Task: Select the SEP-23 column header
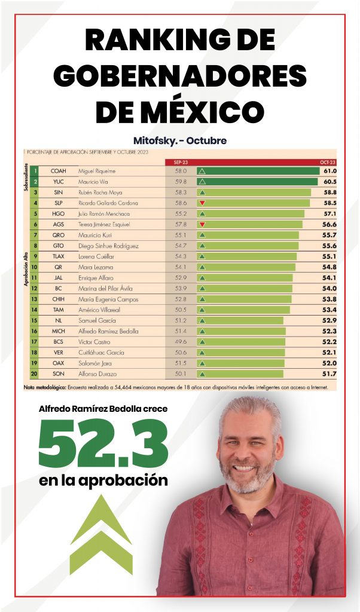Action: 181,162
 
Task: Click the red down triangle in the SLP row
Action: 202,203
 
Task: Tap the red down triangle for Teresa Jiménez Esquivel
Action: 202,224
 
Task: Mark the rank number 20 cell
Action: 35,374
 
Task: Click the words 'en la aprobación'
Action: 103,480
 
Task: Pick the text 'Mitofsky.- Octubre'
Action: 180,141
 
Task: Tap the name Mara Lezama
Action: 93,267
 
